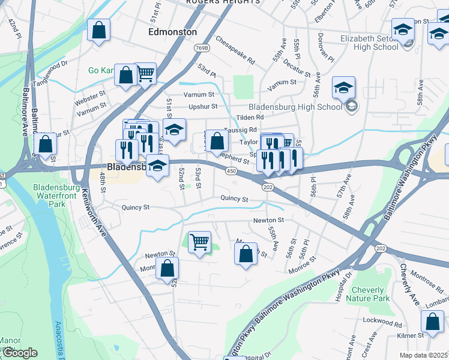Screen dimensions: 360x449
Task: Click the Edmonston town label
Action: click(172, 32)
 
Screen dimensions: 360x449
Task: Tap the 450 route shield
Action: click(231, 172)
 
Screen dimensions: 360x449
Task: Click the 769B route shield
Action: click(203, 47)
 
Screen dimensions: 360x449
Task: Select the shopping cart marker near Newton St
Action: click(199, 242)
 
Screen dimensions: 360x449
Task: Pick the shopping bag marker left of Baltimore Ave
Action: click(45, 144)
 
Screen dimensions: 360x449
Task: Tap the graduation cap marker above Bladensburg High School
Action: click(343, 88)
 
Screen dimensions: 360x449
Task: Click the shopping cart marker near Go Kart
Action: click(145, 74)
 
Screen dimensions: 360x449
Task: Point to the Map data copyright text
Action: click(424, 355)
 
